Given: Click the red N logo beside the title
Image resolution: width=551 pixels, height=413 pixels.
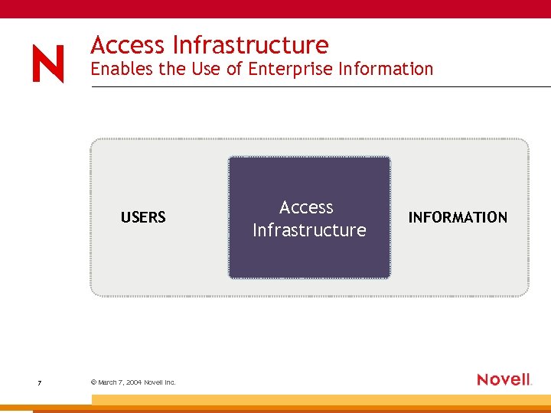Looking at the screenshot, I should [48, 64].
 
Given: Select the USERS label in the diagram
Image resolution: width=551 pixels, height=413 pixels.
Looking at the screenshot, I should [143, 217].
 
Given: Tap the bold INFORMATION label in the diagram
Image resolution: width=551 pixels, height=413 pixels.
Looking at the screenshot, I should [458, 217].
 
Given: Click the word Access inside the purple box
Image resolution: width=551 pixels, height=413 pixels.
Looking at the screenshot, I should [306, 207].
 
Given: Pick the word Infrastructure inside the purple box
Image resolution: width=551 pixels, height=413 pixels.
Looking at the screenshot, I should [309, 230].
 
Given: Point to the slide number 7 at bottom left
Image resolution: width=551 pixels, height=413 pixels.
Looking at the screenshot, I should [39, 382].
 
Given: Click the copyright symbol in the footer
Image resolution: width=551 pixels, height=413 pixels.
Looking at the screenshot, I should [93, 382].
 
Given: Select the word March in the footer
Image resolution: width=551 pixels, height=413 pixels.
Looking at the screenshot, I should [108, 382].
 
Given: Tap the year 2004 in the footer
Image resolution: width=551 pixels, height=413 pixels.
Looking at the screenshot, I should [133, 382].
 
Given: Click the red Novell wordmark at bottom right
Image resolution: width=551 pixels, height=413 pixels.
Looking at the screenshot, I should [504, 379].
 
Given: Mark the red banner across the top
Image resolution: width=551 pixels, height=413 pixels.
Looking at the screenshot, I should [275, 8].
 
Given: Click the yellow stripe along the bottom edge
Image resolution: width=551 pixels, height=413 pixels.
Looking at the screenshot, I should [321, 400].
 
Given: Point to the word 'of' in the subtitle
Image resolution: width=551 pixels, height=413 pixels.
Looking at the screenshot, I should [234, 69].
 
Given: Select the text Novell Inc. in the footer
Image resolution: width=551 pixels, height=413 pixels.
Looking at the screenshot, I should [160, 382].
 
